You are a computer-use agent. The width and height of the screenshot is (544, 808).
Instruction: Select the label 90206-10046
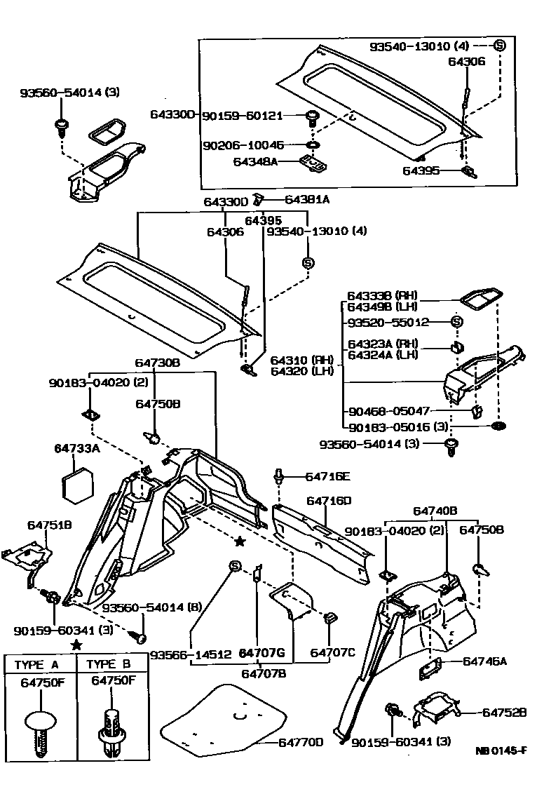coord(243,145)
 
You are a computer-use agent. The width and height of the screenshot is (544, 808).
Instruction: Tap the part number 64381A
coord(305,199)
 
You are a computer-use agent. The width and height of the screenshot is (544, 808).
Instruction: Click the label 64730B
coord(158,363)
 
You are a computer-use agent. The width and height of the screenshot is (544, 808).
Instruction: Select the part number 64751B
coord(50,525)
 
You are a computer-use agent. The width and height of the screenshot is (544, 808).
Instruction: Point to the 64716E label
coord(327,476)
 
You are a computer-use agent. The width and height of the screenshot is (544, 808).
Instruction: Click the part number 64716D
coord(329,501)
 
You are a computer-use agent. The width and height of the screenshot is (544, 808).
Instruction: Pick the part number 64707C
coord(333,653)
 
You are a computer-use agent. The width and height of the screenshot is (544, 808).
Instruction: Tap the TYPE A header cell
coord(41,664)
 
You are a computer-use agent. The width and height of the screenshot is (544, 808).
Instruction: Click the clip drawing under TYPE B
coord(112,729)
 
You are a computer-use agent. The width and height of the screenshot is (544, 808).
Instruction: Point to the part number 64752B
coord(504,712)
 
